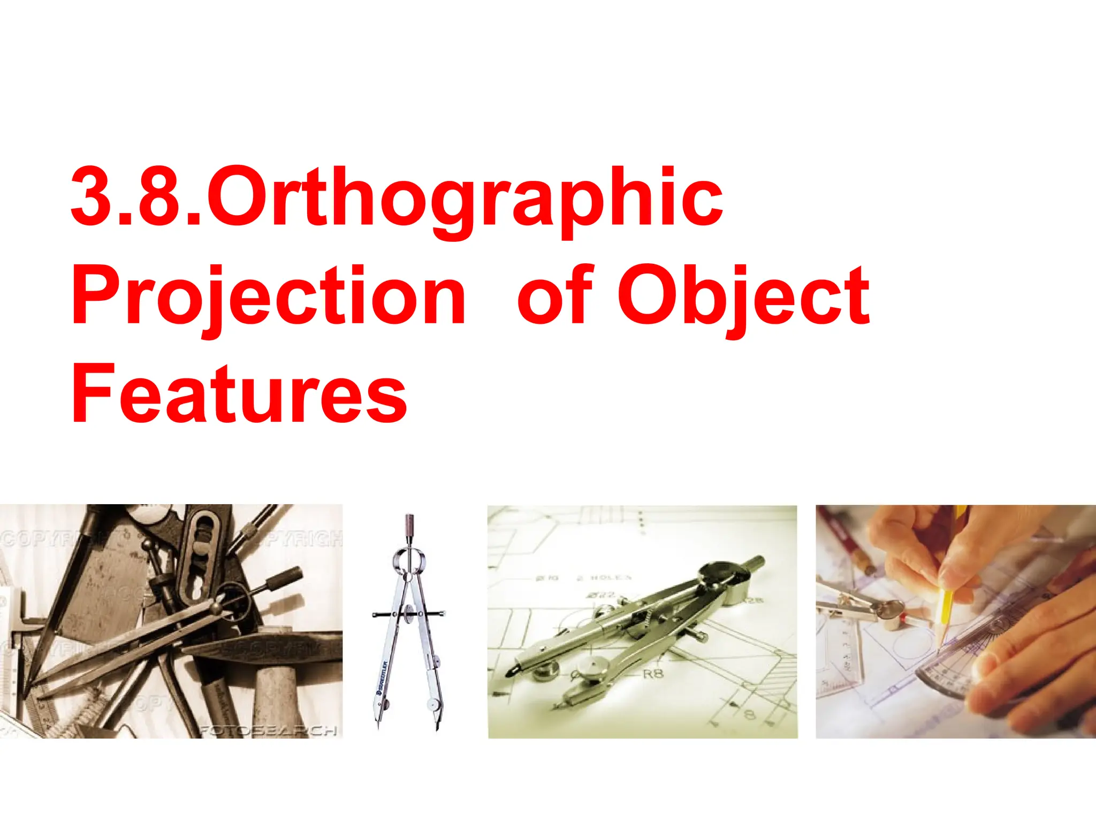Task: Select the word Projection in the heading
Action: tap(268, 296)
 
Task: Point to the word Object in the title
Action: tap(743, 296)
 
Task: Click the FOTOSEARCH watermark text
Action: tap(268, 730)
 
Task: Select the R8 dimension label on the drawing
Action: tap(652, 674)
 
